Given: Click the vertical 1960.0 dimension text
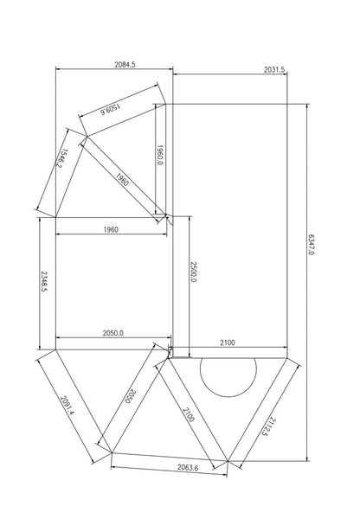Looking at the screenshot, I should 160,156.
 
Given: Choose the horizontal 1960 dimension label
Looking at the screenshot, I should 110,229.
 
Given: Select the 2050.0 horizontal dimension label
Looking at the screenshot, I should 113,333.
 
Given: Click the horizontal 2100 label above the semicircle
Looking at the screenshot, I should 228,343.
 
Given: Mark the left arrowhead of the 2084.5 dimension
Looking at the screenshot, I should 58,70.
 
